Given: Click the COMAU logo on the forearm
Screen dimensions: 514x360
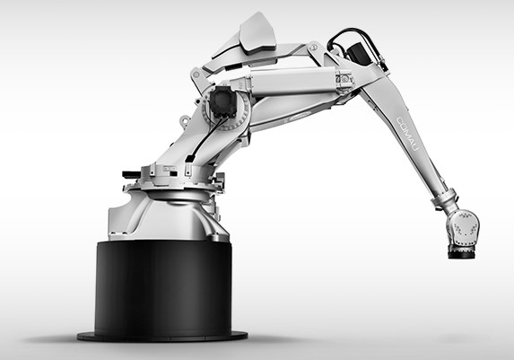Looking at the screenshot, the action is [408, 134].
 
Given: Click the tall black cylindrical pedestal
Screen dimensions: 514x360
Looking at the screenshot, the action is [163, 287].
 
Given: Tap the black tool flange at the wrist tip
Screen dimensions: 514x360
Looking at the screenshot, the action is [461, 252].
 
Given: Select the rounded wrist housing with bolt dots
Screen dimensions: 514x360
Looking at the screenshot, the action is [463, 227].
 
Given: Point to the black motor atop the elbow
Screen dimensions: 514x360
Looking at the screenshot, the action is [357, 51].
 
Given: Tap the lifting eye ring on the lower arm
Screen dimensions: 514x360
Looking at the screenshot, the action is [184, 120].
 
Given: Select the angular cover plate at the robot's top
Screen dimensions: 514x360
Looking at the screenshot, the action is [257, 33].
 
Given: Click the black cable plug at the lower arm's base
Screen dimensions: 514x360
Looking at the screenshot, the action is [190, 159].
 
